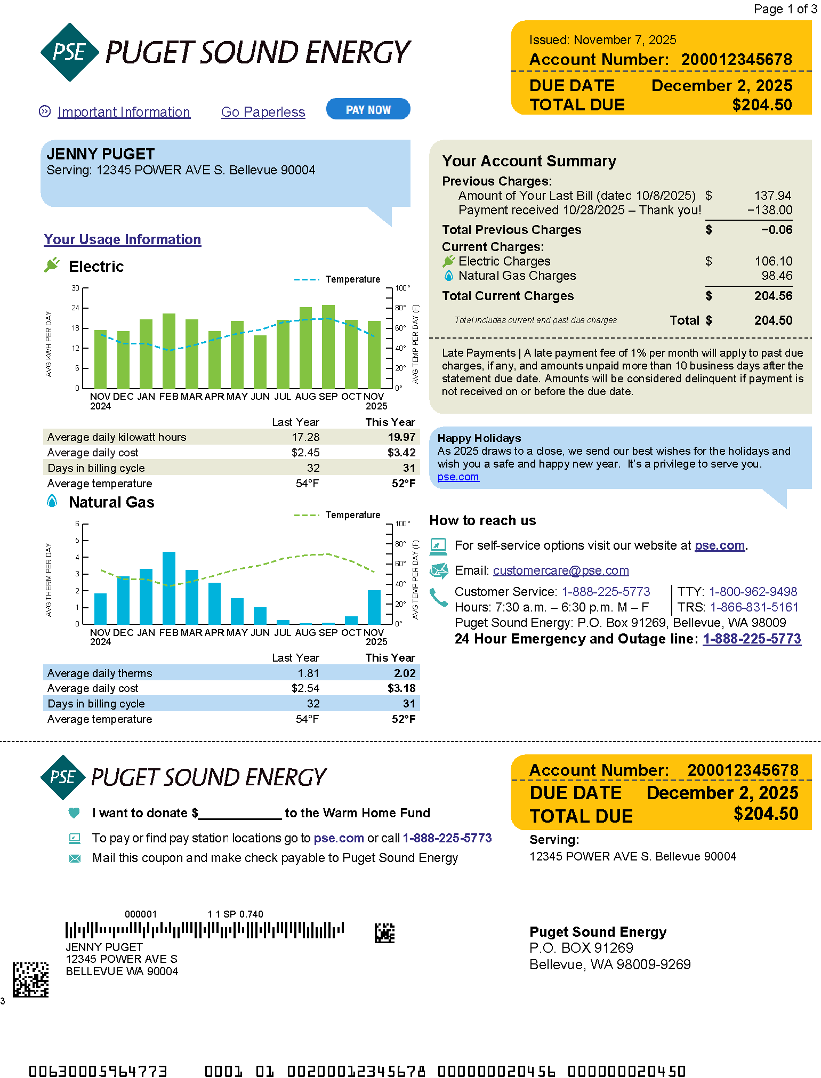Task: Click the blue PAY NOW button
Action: pos(368,109)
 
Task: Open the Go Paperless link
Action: pos(263,112)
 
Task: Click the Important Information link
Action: pos(124,112)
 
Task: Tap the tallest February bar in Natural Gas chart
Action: pos(169,588)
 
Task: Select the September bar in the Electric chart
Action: pos(328,347)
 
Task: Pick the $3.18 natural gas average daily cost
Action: pos(401,688)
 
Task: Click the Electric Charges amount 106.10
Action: pos(773,261)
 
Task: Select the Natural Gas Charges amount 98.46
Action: pos(777,276)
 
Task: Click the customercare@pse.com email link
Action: pos(561,570)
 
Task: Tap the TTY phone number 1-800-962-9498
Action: pos(753,592)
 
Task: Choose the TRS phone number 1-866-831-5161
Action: pos(754,607)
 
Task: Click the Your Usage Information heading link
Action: pos(123,239)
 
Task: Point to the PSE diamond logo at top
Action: pos(70,52)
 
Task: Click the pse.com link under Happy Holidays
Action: pos(458,477)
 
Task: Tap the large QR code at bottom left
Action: pos(31,979)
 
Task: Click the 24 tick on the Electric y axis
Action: pos(76,308)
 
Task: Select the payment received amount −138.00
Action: pos(770,210)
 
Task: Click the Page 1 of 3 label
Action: pos(785,9)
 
